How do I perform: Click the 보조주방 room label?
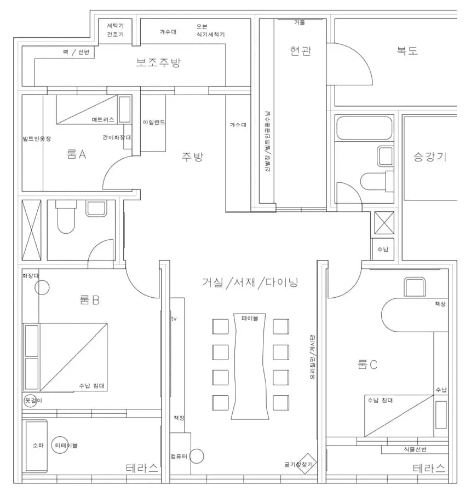158,62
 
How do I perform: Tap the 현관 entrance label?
301,51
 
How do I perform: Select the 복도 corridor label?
407,51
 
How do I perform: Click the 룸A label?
76,155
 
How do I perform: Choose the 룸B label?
89,300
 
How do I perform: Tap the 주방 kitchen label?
193,157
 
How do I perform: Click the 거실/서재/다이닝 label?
253,282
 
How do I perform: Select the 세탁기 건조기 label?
116,30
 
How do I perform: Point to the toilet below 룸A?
66,218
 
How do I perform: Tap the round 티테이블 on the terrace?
60,445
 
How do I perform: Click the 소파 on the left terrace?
37,445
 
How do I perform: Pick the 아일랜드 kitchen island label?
153,122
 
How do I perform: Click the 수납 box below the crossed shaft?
382,249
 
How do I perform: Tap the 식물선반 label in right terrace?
415,449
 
